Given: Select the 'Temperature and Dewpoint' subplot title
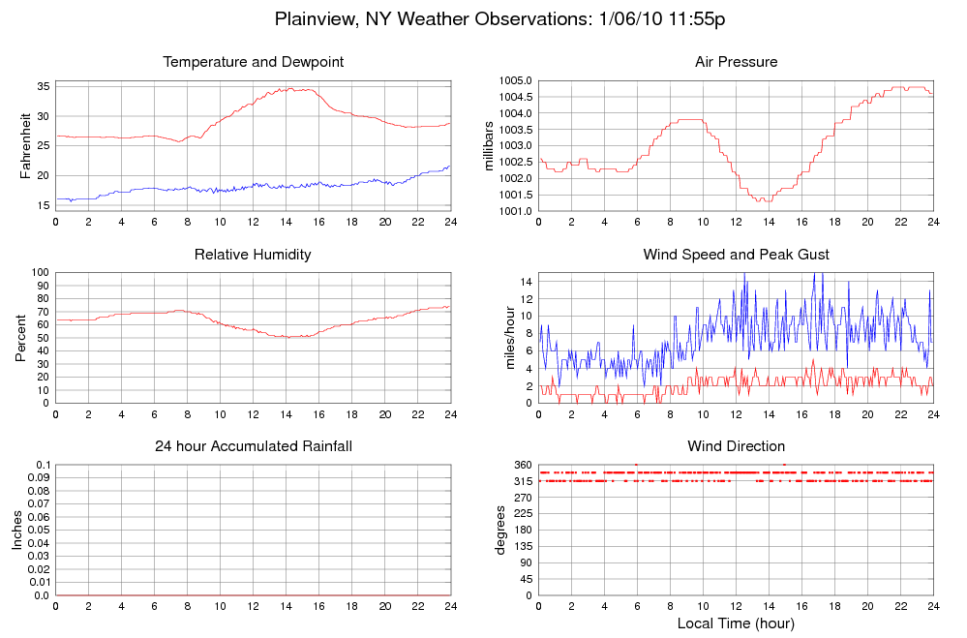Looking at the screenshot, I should (254, 62).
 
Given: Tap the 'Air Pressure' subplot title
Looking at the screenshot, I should (736, 62).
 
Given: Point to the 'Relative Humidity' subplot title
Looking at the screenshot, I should (254, 255).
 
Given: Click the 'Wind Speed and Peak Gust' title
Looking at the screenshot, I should (736, 255).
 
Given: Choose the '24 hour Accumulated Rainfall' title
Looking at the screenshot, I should (254, 446).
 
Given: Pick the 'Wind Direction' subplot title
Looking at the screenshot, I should (736, 446).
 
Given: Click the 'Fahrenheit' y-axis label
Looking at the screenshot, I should (26, 146).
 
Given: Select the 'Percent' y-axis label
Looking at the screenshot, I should (20, 338).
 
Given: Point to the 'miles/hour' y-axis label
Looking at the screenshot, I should (511, 338).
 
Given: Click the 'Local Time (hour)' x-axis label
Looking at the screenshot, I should (736, 623).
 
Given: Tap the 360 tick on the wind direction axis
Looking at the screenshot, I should (523, 466).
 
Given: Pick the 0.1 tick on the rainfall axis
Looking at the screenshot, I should (42, 466).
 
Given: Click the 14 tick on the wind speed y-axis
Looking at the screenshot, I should (526, 281).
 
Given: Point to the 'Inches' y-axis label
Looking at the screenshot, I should (17, 530).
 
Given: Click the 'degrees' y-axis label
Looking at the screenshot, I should (500, 530).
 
